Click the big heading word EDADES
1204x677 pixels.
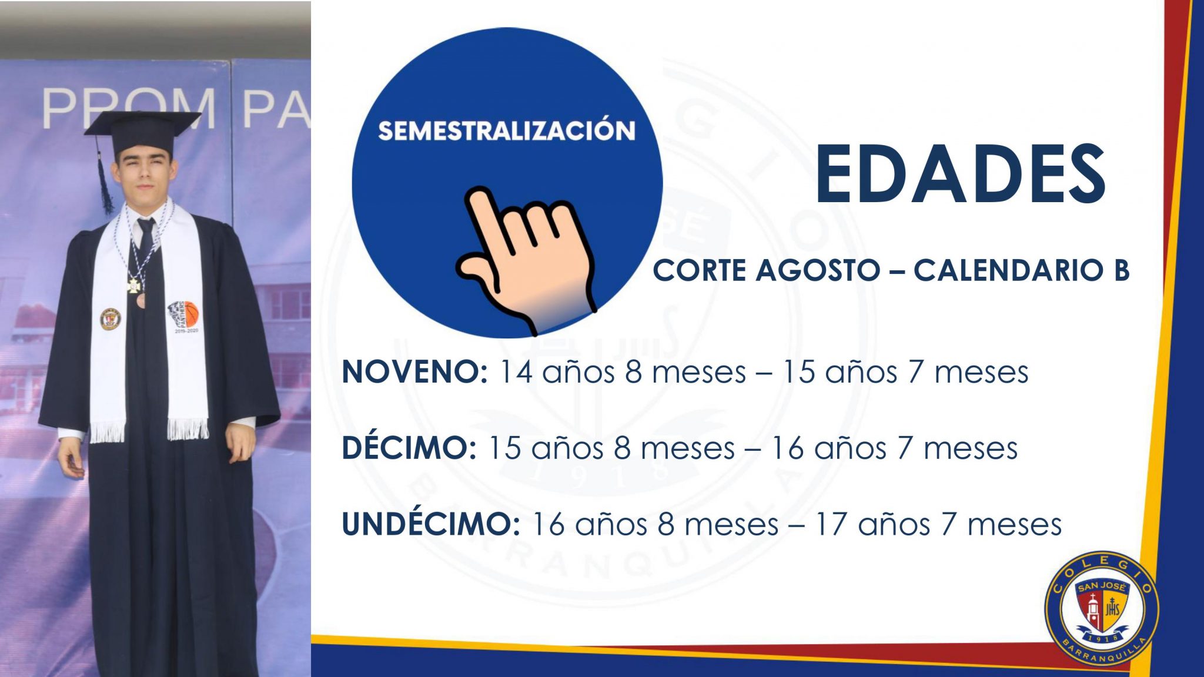pos(960,174)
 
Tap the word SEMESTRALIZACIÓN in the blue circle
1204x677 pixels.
pos(506,130)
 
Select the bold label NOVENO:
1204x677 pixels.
pos(414,372)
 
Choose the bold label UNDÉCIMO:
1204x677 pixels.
pos(430,524)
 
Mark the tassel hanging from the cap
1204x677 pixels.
pos(106,188)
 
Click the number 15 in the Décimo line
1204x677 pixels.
pos(504,448)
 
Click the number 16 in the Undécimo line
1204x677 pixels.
pos(548,524)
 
